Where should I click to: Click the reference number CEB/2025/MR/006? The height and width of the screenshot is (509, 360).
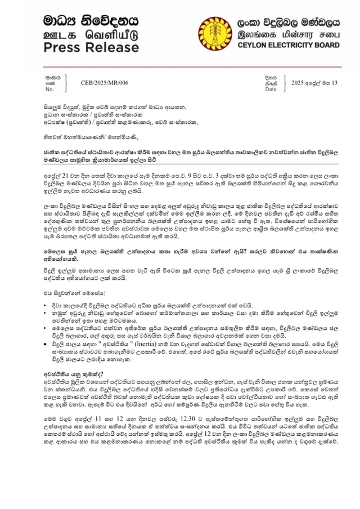pos(104,82)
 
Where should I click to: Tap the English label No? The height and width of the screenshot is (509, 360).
pos(49,89)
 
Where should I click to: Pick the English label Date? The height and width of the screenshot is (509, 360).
pos(271,89)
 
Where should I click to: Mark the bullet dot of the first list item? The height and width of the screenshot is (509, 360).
pos(47,305)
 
